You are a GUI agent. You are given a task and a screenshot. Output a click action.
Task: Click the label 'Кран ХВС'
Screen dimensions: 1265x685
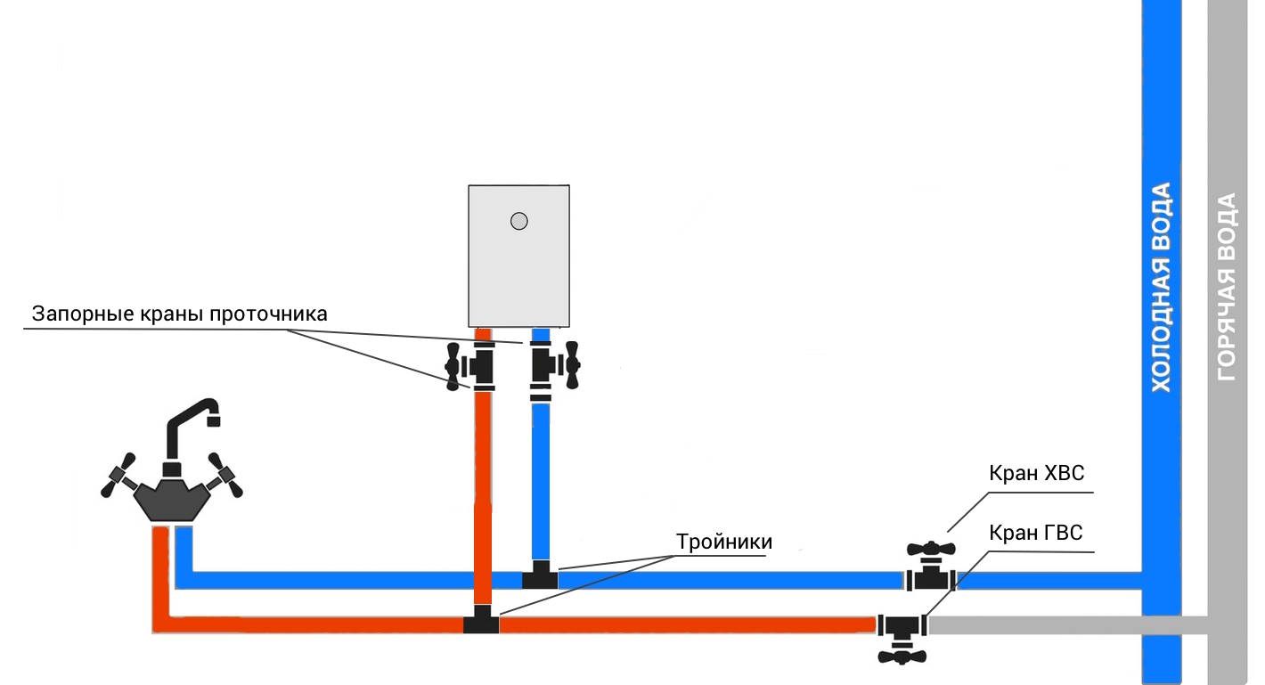point(1036,473)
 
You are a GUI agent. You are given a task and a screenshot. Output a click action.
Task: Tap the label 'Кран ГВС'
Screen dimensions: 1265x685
point(1036,533)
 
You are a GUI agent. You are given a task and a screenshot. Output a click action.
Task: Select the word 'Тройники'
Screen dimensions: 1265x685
point(724,542)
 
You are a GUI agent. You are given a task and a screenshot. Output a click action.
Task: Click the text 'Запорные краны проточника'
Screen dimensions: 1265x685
point(180,314)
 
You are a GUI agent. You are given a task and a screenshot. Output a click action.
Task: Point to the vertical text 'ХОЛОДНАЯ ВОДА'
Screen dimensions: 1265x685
point(1161,287)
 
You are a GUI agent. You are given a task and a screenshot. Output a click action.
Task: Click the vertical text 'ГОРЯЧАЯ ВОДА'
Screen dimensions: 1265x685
point(1227,287)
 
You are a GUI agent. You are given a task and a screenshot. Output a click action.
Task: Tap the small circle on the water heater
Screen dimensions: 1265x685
point(519,221)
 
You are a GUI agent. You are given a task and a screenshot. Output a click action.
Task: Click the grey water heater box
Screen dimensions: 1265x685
point(518,256)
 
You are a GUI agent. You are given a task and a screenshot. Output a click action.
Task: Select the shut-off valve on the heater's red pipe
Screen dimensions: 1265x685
point(471,366)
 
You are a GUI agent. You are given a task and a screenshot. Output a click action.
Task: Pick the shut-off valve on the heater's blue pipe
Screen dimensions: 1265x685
point(555,366)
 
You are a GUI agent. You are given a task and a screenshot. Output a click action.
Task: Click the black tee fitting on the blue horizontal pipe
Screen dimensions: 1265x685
point(540,575)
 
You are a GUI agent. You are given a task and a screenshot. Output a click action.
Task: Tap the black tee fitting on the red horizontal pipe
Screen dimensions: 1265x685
point(481,619)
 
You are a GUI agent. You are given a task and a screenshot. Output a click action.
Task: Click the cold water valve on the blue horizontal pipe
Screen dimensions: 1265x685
point(931,567)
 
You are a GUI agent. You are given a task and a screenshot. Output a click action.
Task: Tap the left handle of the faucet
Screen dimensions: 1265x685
point(118,475)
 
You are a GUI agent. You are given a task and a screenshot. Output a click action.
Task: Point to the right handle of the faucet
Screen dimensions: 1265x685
point(225,475)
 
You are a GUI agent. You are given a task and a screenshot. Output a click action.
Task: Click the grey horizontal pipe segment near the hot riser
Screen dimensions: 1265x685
point(1067,624)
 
